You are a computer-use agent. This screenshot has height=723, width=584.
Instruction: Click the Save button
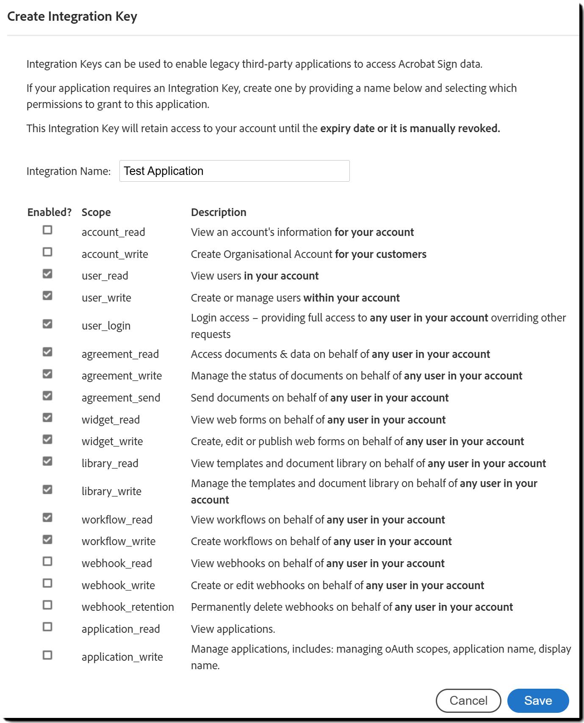[x=538, y=701]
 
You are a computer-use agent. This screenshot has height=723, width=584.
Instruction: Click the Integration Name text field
[x=234, y=171]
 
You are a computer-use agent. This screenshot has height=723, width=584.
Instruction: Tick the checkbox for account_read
[x=47, y=230]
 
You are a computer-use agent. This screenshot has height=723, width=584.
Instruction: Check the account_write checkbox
[x=47, y=252]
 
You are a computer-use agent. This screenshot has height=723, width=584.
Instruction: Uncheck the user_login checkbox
[x=47, y=324]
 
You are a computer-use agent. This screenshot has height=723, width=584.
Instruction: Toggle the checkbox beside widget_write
[x=47, y=439]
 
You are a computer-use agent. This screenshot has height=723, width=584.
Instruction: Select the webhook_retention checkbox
[x=47, y=605]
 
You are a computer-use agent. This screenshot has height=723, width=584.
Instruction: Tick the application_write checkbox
[x=47, y=655]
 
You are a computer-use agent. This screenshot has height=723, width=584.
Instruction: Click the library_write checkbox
[x=47, y=490]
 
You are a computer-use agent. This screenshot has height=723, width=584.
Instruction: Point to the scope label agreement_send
[x=121, y=398]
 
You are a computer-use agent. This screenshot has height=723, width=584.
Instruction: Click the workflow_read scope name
[x=117, y=520]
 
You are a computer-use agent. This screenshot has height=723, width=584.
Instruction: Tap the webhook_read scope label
[x=116, y=563]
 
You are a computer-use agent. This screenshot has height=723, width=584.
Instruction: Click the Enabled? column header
[x=50, y=212]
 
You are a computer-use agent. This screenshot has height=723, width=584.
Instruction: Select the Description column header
[x=219, y=212]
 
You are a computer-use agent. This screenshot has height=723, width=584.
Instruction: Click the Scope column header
[x=96, y=212]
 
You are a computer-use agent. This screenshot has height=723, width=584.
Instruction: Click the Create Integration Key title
[x=72, y=17]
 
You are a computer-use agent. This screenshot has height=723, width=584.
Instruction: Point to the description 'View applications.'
[x=233, y=629]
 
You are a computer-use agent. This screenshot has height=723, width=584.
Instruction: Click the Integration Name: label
[x=69, y=171]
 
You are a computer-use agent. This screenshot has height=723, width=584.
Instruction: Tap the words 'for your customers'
[x=380, y=254]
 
